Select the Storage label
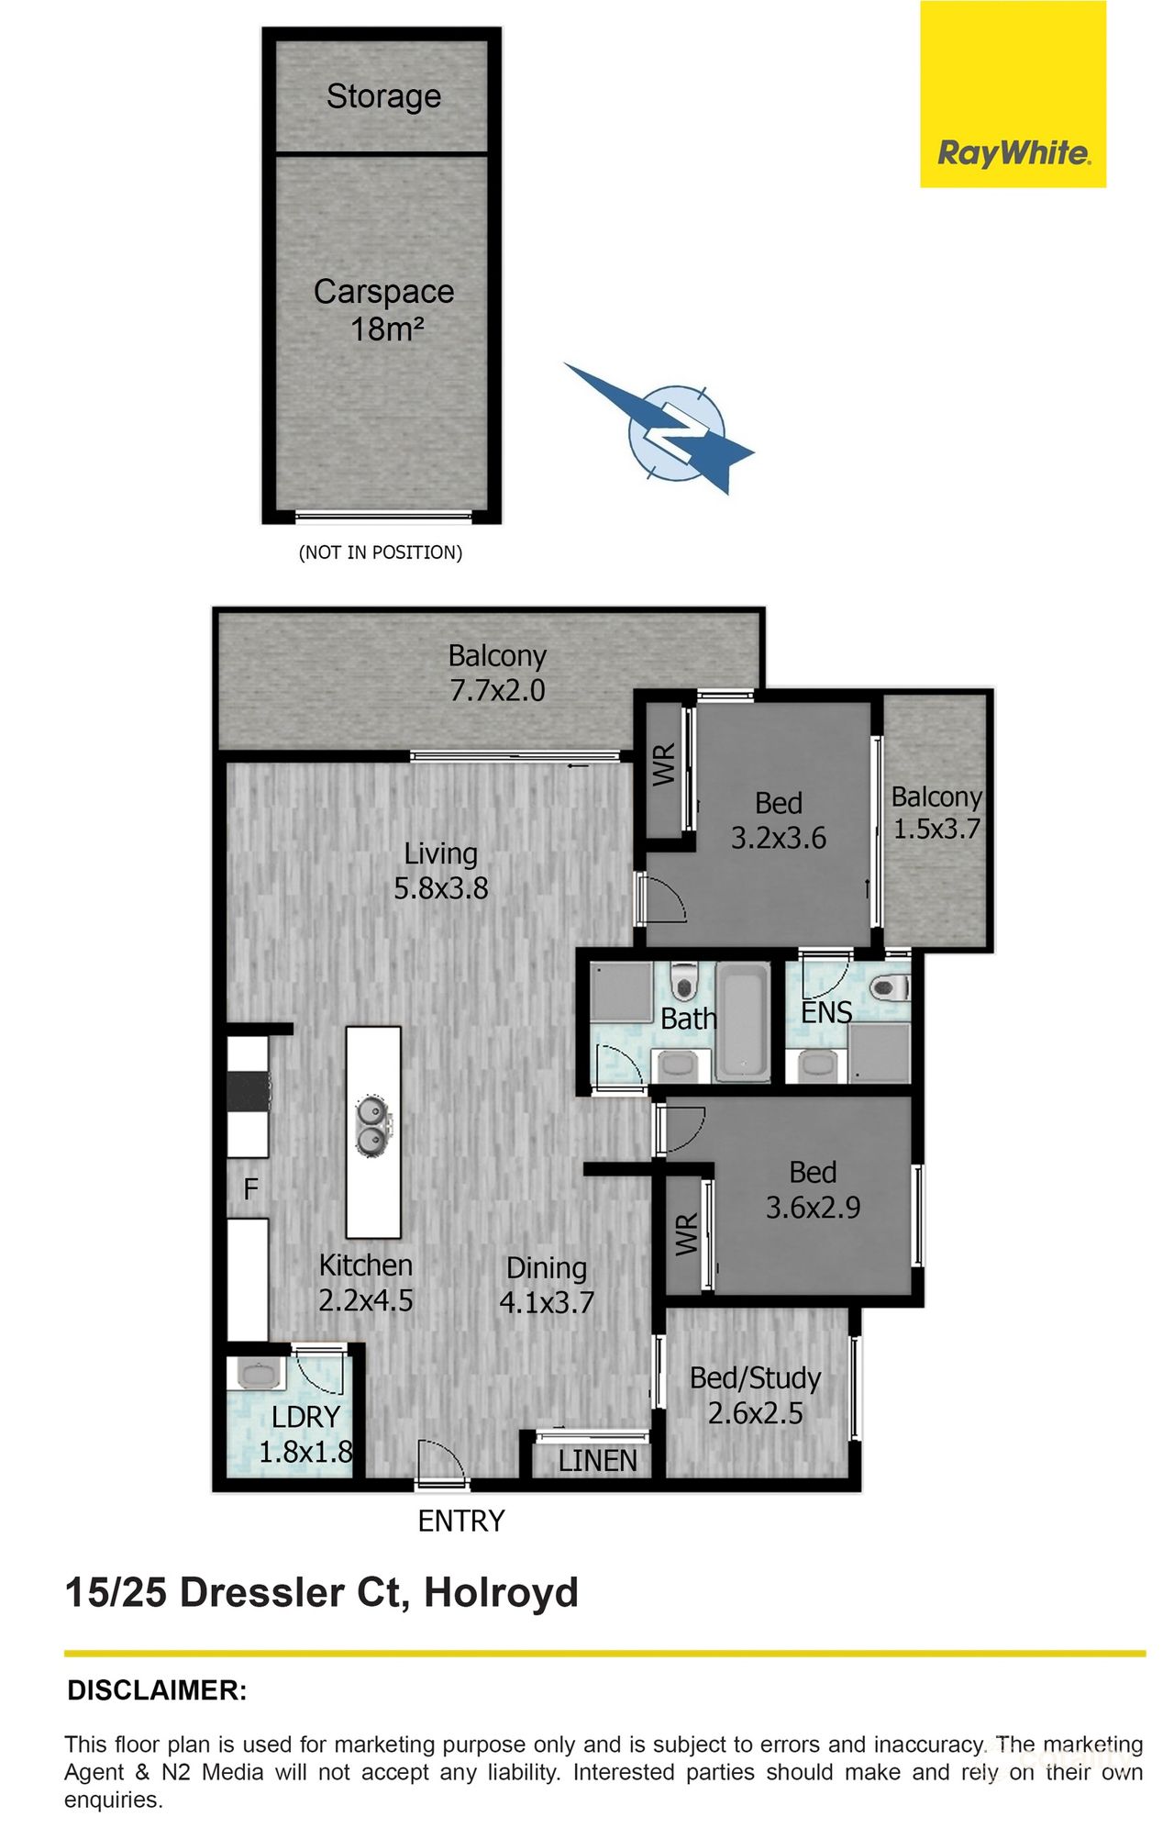coord(383,96)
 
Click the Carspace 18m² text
coord(383,310)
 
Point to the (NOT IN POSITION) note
coord(381,552)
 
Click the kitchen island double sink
coord(372,1126)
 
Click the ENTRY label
coord(460,1521)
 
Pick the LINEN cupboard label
coord(597,1461)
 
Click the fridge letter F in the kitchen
coord(250,1189)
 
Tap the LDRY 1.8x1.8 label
coord(305,1434)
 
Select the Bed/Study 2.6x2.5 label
coord(755,1395)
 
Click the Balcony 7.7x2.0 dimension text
coord(497,690)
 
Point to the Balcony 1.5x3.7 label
coord(936,812)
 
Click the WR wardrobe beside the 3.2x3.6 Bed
coord(664,764)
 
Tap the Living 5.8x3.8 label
coord(440,871)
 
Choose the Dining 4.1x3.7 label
coord(547,1285)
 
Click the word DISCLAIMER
coord(157,1690)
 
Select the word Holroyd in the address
coord(501,1593)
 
